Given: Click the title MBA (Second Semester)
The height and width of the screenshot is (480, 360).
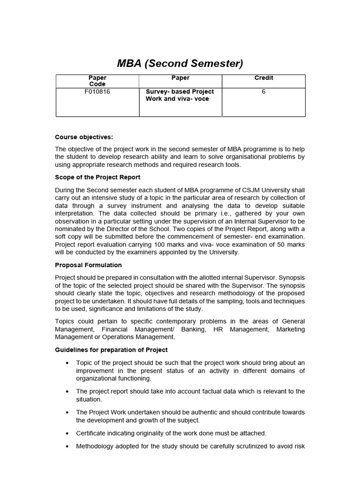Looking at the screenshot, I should pos(180,63).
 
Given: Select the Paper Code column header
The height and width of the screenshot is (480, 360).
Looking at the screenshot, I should pos(97,81).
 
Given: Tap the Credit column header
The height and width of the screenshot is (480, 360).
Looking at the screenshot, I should pos(263,78).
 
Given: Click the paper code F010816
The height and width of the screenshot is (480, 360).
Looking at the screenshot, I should pos(97,92).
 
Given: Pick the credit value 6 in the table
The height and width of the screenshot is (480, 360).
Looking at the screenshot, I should pos(263,92).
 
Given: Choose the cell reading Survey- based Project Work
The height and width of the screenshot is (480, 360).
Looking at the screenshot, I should pos(180,95).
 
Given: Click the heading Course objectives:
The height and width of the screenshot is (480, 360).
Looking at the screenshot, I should pos(84,137).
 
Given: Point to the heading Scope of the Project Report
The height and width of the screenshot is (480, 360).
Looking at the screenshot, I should pos(97,177).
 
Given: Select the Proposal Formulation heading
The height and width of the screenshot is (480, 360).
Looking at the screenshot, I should pos(88,265).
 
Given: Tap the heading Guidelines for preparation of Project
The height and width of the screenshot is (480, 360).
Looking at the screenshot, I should pos(111,350).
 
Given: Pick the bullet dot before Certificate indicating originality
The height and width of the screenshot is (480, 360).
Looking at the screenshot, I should pos(68,434).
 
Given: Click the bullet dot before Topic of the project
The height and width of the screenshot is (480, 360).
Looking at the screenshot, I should pos(68,363).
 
